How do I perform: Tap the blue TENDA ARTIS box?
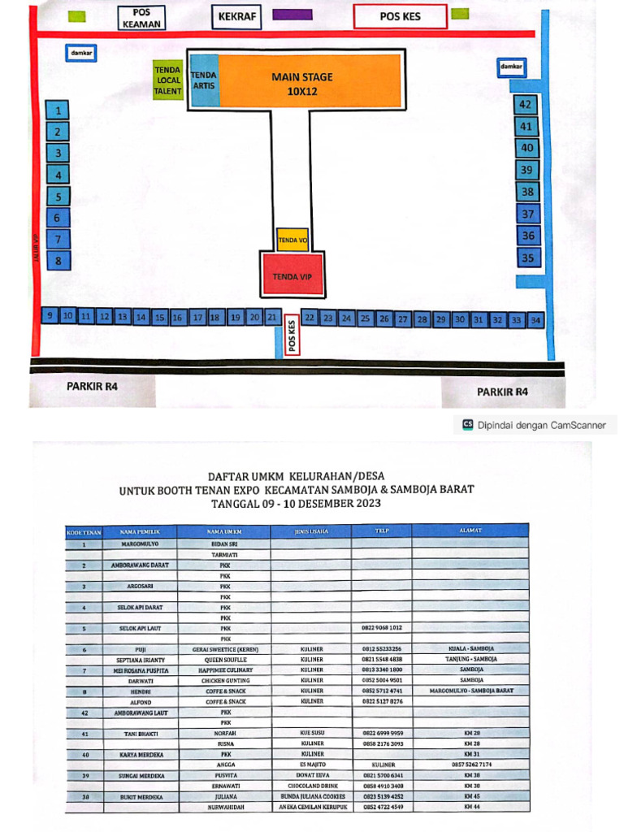pyautogui.click(x=203, y=80)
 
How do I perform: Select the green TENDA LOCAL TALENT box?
pyautogui.click(x=168, y=80)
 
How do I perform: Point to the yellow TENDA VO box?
pyautogui.click(x=292, y=240)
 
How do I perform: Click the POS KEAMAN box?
pyautogui.click(x=141, y=18)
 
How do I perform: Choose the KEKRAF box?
pyautogui.click(x=237, y=16)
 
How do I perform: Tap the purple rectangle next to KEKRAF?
pyautogui.click(x=292, y=15)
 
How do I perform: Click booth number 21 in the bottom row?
pyautogui.click(x=273, y=317)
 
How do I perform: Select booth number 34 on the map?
pyautogui.click(x=535, y=320)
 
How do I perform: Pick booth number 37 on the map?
pyautogui.click(x=528, y=214)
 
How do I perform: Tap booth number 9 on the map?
pyautogui.click(x=50, y=315)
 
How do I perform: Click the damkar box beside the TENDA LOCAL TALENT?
pyautogui.click(x=80, y=53)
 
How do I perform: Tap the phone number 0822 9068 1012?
pyautogui.click(x=382, y=628)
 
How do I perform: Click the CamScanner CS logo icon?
pyautogui.click(x=467, y=424)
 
